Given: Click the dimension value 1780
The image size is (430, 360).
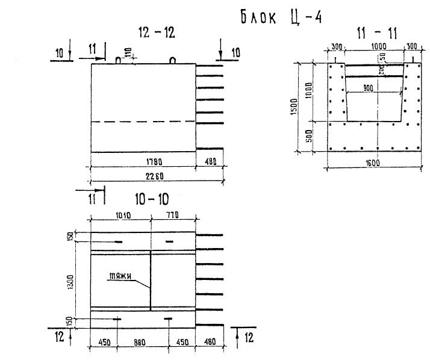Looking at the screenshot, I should tap(143, 161).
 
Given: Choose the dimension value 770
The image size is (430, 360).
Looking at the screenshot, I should tap(172, 215).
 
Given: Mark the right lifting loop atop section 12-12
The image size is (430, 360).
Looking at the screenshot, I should tap(173, 60).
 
